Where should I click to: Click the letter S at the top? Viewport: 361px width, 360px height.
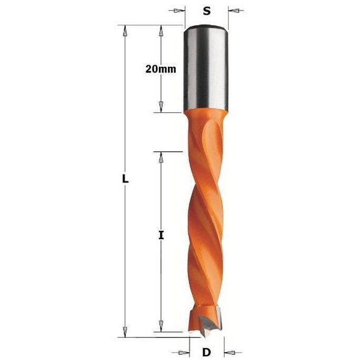[x=206, y=11]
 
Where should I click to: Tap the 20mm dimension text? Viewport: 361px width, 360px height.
[x=161, y=69]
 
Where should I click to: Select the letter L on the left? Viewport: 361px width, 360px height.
[x=125, y=179]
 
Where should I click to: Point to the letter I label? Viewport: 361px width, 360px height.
[x=161, y=235]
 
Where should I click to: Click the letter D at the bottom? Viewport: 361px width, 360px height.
[x=206, y=352]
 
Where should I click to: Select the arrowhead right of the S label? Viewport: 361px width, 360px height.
[x=234, y=11]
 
